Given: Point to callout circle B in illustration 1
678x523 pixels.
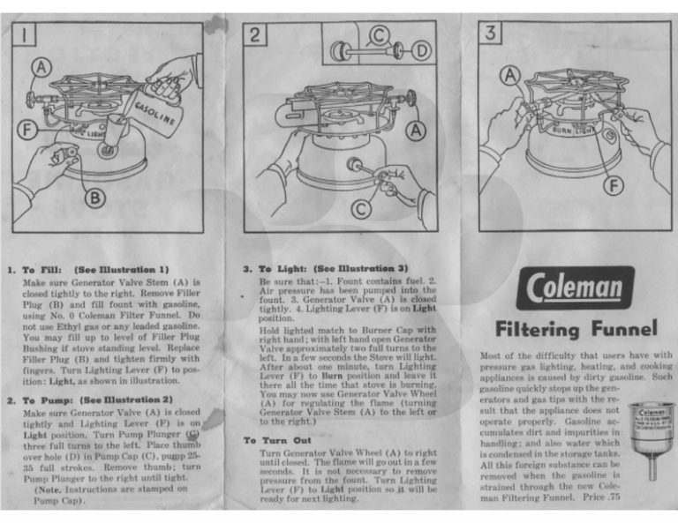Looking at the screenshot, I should coord(95,196).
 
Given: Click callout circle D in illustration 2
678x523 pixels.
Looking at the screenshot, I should coord(422,51).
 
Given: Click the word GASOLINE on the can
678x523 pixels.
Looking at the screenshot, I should coord(155,111).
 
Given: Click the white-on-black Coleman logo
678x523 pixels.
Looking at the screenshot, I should coord(575,288).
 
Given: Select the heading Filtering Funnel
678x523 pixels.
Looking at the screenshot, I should coord(576,330).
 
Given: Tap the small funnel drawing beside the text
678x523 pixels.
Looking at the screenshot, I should coord(652,438).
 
